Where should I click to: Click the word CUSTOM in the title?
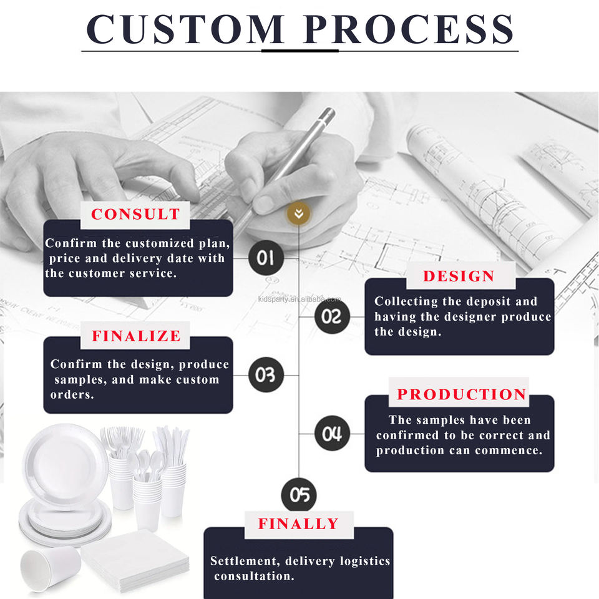187,28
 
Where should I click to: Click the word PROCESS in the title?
409,28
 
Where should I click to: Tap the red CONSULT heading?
135,214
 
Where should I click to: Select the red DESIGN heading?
459,276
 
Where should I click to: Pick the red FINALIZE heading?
136,336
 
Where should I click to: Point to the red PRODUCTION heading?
462,394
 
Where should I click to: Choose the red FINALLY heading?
298,524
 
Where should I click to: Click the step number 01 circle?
266,258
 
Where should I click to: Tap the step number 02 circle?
332,316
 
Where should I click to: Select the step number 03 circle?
266,375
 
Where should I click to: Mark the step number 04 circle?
332,434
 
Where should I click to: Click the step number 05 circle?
299,495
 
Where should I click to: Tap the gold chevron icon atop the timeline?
299,214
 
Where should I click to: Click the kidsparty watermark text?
299,299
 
